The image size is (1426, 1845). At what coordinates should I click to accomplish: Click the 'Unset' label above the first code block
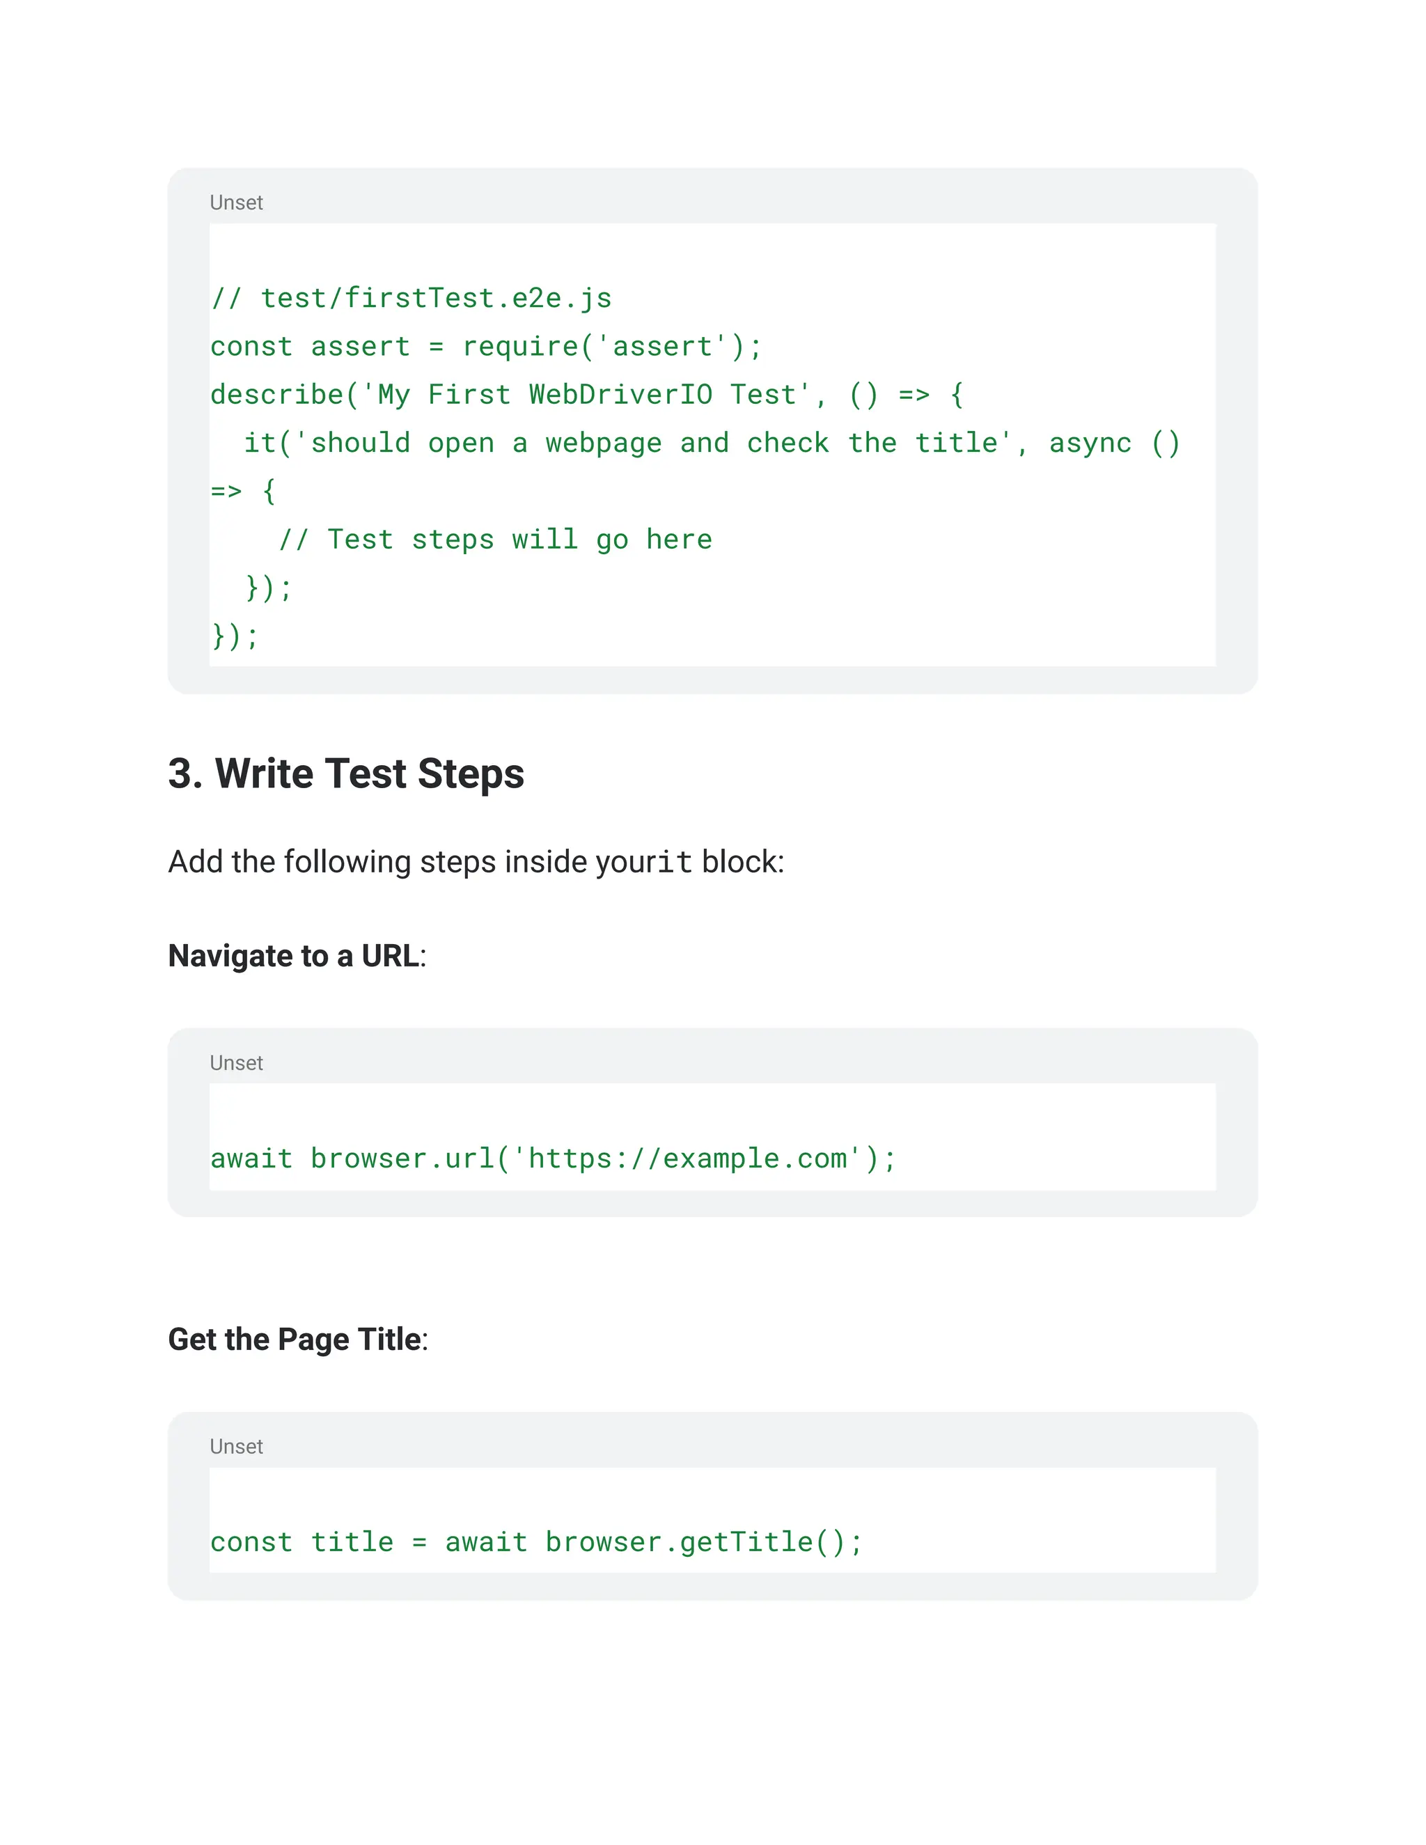pos(236,203)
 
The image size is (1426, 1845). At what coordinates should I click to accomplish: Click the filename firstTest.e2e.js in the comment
pos(477,298)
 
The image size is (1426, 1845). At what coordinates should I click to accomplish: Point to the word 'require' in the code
pos(519,346)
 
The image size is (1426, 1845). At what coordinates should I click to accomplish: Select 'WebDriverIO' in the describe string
pos(620,395)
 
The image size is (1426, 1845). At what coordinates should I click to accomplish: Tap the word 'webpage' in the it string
pos(603,443)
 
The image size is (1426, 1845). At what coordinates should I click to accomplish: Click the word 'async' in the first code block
pos(1090,443)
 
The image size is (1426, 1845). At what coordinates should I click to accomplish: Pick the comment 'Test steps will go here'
pos(519,539)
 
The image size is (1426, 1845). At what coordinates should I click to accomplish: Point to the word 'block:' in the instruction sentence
pos(742,862)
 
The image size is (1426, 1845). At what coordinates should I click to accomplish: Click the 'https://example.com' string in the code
pos(686,1159)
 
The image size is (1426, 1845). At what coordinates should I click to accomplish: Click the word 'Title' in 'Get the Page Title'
pos(389,1340)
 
